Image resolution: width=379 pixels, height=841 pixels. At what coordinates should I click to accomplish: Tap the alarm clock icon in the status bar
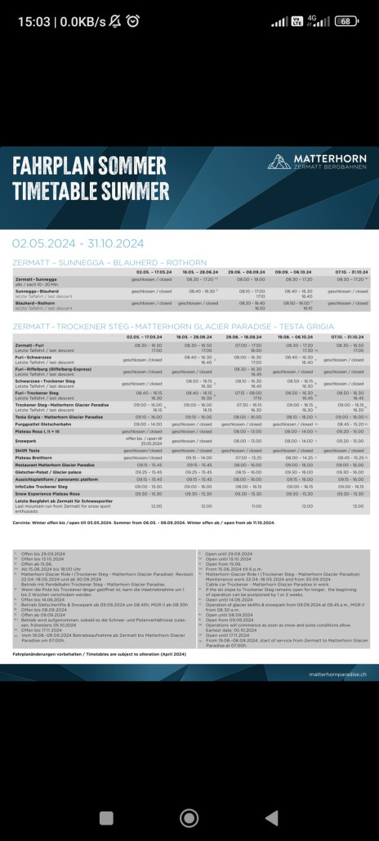click(133, 21)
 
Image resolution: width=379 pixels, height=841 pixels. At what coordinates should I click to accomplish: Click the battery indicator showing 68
click(345, 21)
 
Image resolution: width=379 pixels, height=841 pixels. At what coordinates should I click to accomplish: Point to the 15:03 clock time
click(30, 21)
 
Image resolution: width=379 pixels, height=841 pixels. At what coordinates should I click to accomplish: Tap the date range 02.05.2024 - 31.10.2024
click(78, 243)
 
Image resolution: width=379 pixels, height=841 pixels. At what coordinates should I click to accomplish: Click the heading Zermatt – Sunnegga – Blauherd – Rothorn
click(109, 262)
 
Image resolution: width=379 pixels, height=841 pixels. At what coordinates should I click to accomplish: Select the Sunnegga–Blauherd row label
click(37, 290)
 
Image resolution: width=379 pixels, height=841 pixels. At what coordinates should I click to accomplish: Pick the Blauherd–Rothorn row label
click(36, 302)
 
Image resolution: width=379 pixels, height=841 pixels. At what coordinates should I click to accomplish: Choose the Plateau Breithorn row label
click(34, 457)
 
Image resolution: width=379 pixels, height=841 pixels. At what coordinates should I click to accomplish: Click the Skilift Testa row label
click(29, 450)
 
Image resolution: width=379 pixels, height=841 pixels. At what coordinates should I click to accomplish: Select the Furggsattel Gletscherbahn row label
click(45, 424)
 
